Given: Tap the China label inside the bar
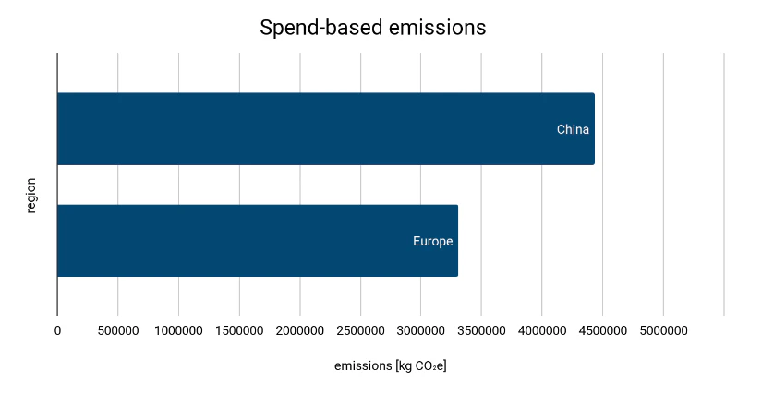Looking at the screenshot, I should pyautogui.click(x=573, y=129).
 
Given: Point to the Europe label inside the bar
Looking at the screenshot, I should pyautogui.click(x=432, y=242).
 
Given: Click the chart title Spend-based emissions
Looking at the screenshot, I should pyautogui.click(x=372, y=29).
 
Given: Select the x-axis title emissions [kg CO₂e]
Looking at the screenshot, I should pyautogui.click(x=391, y=366).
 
